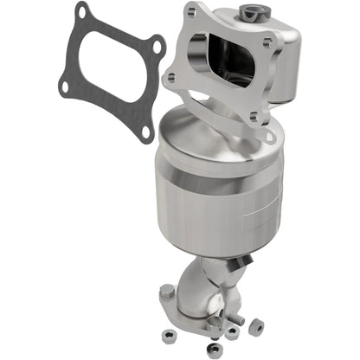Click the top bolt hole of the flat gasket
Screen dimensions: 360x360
[x=82, y=12]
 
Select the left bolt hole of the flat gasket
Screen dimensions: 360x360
[x=63, y=84]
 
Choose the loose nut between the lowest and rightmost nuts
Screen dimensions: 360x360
[x=233, y=333]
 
